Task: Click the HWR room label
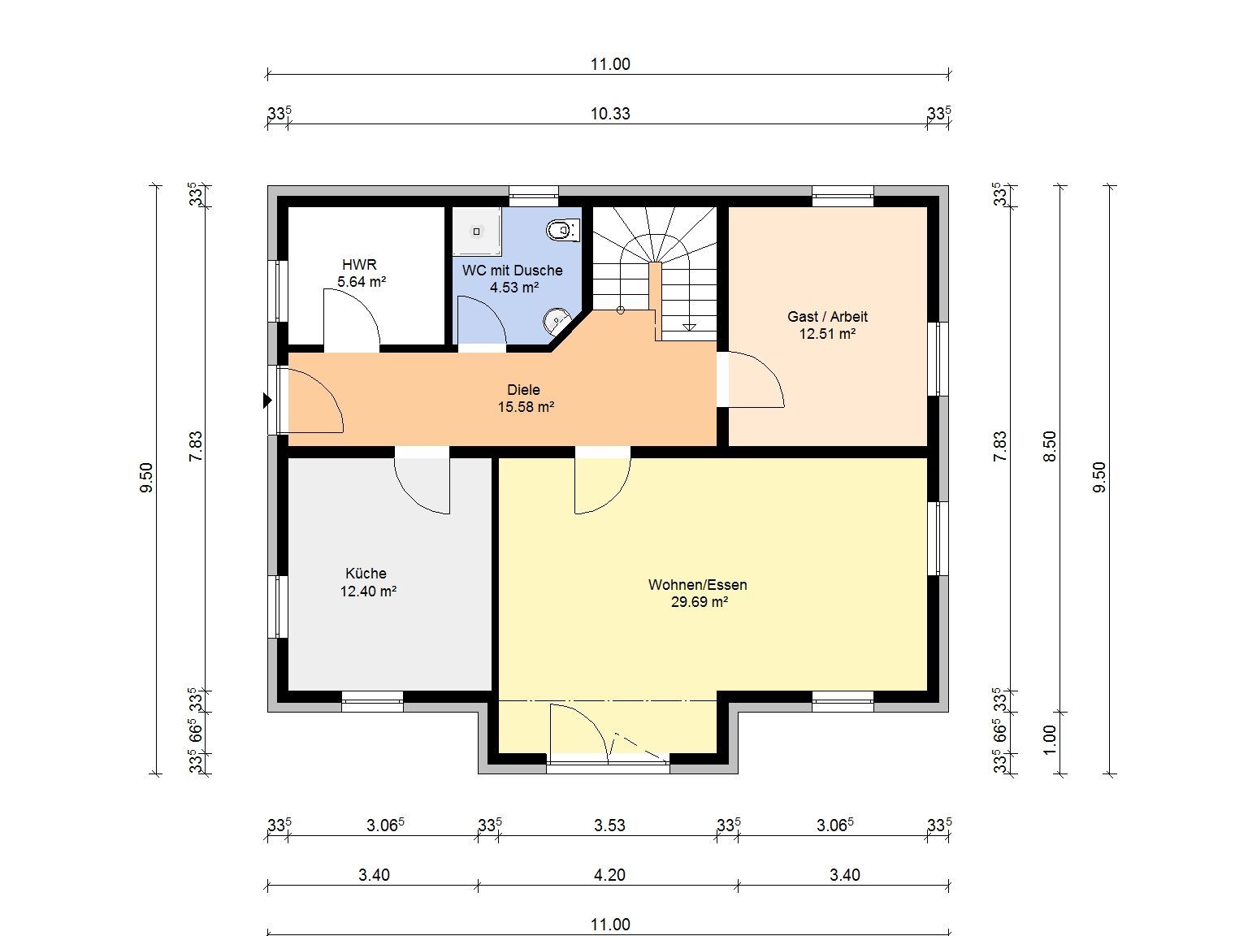(x=359, y=264)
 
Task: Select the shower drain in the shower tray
(x=476, y=232)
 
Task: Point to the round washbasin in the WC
(x=556, y=322)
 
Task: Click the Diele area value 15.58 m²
(x=526, y=407)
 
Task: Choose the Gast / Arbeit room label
(x=827, y=317)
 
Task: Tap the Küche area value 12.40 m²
(x=368, y=591)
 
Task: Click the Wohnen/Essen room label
(x=698, y=584)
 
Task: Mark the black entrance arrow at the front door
(x=267, y=401)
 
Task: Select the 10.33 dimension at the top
(x=610, y=114)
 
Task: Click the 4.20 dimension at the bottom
(x=609, y=874)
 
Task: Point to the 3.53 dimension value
(x=609, y=825)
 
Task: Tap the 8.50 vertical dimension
(x=1050, y=447)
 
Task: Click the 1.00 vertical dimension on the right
(x=1050, y=740)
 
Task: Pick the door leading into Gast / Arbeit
(x=756, y=379)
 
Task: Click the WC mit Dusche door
(x=482, y=320)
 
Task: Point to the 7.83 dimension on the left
(x=195, y=447)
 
